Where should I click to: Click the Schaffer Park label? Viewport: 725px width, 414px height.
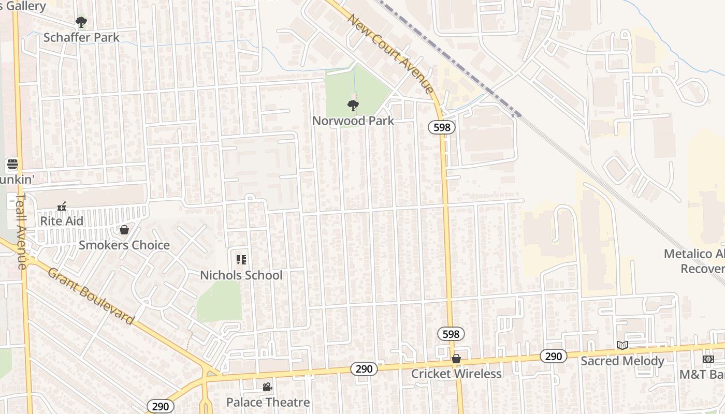pyautogui.click(x=81, y=37)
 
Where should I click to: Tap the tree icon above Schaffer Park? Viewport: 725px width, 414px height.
pyautogui.click(x=81, y=22)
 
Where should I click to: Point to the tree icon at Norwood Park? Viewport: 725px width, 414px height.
pyautogui.click(x=353, y=106)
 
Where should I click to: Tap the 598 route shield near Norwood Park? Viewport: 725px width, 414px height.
pyautogui.click(x=442, y=127)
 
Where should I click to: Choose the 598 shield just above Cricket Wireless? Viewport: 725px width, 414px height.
pyautogui.click(x=451, y=334)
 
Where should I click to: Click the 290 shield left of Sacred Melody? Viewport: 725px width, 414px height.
pyautogui.click(x=554, y=356)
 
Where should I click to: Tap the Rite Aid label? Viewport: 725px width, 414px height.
pyautogui.click(x=62, y=221)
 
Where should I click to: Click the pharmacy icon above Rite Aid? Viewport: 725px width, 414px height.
pyautogui.click(x=62, y=206)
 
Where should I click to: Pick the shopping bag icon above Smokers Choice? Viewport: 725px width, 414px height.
pyautogui.click(x=124, y=230)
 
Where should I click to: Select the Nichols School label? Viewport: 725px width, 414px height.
pyautogui.click(x=241, y=275)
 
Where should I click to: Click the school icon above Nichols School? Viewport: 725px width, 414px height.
pyautogui.click(x=241, y=259)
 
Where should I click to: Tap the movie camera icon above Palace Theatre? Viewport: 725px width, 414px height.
pyautogui.click(x=267, y=387)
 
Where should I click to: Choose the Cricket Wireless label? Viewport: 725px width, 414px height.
pyautogui.click(x=456, y=374)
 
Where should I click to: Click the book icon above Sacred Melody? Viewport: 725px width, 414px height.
pyautogui.click(x=622, y=345)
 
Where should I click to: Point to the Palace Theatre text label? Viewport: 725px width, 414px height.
pyautogui.click(x=268, y=402)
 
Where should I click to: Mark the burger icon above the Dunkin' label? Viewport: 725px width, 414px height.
pyautogui.click(x=12, y=165)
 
